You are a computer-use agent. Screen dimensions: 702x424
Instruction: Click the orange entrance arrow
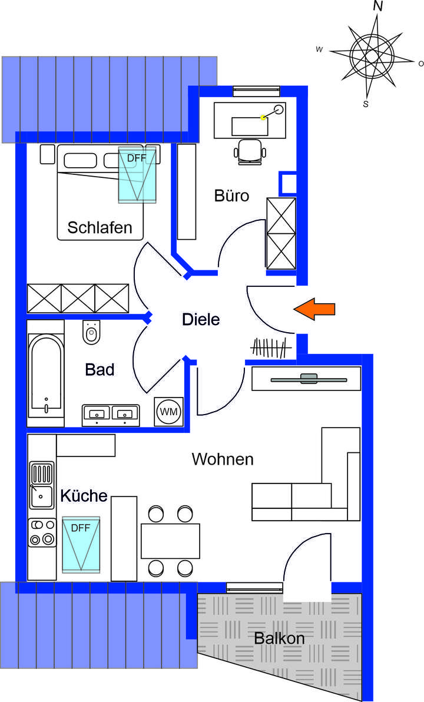pyautogui.click(x=314, y=309)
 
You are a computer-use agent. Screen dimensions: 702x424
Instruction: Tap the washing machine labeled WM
pyautogui.click(x=170, y=411)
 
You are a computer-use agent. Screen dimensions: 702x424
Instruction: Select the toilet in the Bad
pyautogui.click(x=91, y=333)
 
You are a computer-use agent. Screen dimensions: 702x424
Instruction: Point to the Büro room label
pyautogui.click(x=231, y=196)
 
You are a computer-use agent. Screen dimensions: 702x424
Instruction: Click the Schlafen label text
pyautogui.click(x=100, y=227)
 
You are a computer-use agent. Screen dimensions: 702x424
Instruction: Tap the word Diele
pyautogui.click(x=200, y=320)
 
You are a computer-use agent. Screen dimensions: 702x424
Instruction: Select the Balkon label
pyautogui.click(x=280, y=638)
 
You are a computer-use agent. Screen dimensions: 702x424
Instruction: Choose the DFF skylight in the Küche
pyautogui.click(x=81, y=545)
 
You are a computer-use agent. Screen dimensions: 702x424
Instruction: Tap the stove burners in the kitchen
pyautogui.click(x=41, y=531)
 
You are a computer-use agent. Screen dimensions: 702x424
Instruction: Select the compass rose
pyautogui.click(x=372, y=55)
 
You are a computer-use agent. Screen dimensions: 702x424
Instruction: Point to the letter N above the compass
pyautogui.click(x=378, y=7)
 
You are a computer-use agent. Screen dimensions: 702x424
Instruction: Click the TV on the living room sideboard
pyautogui.click(x=308, y=379)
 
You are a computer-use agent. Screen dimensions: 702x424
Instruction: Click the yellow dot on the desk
pyautogui.click(x=263, y=117)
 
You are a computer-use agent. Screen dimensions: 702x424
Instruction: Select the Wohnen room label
pyautogui.click(x=223, y=459)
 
